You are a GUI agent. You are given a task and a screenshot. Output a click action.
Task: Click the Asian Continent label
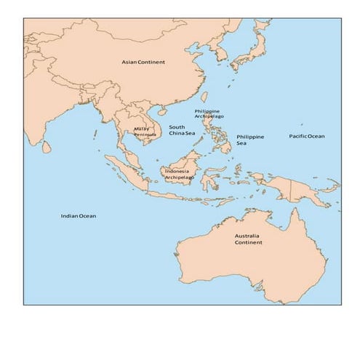pyautogui.click(x=143, y=62)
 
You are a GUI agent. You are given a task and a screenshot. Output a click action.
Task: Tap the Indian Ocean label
pyautogui.click(x=78, y=215)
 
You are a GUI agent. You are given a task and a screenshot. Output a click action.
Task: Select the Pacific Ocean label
pyautogui.click(x=307, y=136)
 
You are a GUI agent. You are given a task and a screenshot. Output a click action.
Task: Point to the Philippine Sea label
pyautogui.click(x=250, y=140)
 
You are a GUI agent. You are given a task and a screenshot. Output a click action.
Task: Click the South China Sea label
pyautogui.click(x=182, y=130)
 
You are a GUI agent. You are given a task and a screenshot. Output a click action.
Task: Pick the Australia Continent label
pyautogui.click(x=249, y=239)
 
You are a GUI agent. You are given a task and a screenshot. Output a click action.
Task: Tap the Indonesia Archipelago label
pyautogui.click(x=179, y=174)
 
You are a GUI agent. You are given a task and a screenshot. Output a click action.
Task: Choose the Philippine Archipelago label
pyautogui.click(x=209, y=113)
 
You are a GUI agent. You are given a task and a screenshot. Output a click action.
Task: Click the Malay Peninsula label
pyautogui.click(x=145, y=132)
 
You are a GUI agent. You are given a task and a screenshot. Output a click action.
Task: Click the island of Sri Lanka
pyautogui.click(x=47, y=146)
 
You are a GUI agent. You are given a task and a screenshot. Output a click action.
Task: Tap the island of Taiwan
pyautogui.click(x=204, y=97)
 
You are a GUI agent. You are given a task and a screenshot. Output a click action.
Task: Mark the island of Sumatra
pyautogui.click(x=125, y=172)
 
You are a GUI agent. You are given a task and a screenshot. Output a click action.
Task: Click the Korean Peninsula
pyautogui.click(x=220, y=55)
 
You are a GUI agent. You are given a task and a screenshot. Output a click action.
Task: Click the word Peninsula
pyautogui.click(x=145, y=135)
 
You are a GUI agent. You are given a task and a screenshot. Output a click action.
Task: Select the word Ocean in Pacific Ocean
pyautogui.click(x=316, y=136)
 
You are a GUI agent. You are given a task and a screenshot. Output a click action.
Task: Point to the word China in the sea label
pyautogui.click(x=177, y=134)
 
